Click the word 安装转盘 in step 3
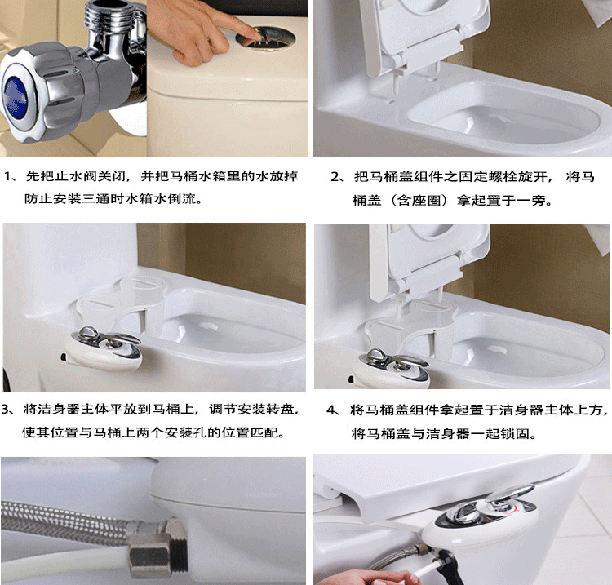point(268,408)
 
